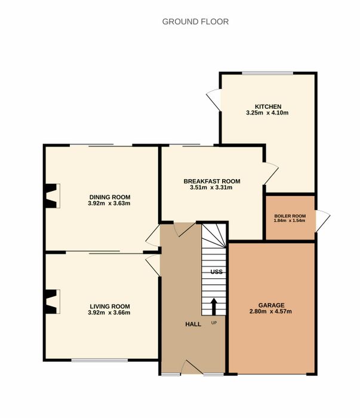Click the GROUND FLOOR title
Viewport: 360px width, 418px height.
(x=195, y=21)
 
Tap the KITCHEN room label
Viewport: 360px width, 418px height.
(x=268, y=107)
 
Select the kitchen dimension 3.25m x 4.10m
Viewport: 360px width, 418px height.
(x=267, y=113)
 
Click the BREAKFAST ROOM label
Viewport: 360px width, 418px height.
(x=212, y=182)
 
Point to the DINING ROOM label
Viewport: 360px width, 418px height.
(x=110, y=197)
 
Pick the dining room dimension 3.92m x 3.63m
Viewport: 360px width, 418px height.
(x=109, y=204)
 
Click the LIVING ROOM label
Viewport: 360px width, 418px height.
(x=110, y=306)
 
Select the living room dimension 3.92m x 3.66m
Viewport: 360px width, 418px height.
(x=109, y=312)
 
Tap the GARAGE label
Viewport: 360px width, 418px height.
(x=271, y=305)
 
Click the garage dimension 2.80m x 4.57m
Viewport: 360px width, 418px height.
(x=270, y=311)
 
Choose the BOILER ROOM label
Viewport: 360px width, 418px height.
(x=290, y=216)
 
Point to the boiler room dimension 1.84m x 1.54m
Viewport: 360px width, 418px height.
(x=290, y=220)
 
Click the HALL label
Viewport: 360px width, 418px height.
(x=193, y=324)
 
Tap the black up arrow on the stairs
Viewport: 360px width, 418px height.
(x=214, y=306)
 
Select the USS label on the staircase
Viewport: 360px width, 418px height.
(x=216, y=272)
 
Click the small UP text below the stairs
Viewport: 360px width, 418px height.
(x=214, y=323)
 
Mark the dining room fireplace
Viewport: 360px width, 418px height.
(x=52, y=196)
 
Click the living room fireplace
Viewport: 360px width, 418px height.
(x=52, y=302)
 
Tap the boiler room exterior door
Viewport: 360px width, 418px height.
(x=323, y=221)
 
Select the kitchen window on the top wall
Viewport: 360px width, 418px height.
(x=267, y=73)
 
